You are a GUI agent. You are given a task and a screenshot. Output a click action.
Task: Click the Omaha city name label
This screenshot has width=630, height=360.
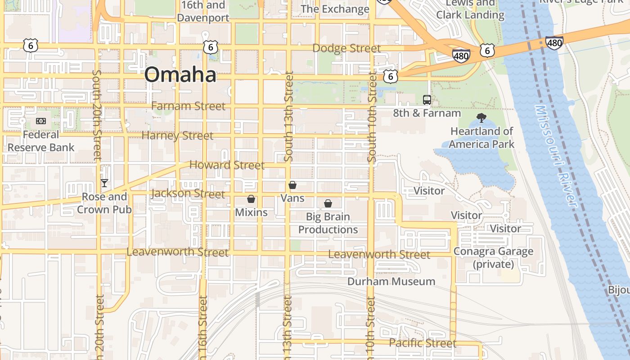point(180,74)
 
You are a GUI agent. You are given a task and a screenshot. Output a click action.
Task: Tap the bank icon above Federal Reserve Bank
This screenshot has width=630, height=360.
point(41,121)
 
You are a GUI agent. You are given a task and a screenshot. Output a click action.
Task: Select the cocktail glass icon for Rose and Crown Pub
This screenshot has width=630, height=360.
point(104,183)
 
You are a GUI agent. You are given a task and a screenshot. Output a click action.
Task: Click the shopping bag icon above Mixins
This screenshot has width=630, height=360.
point(251,199)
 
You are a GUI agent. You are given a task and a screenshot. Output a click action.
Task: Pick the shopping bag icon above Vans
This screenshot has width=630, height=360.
point(292,185)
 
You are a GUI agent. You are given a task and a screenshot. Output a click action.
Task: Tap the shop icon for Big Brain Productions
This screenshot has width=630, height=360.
point(328,204)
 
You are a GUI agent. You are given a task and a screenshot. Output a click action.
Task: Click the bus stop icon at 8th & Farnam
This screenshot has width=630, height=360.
point(427,100)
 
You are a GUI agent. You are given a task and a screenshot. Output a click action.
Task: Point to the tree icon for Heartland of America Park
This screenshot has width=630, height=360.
point(481,118)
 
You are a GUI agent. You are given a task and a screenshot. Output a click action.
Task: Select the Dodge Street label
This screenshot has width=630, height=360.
point(346,48)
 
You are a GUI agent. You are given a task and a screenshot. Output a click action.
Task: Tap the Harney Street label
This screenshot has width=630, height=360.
point(177,135)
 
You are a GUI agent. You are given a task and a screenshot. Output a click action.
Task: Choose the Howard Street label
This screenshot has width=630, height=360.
point(227,165)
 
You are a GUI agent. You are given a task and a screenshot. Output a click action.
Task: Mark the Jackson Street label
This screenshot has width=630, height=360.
point(188,194)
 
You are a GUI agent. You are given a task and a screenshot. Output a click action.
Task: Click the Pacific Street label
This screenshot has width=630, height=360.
point(423,343)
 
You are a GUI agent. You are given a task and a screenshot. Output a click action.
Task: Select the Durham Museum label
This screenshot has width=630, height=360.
point(391,282)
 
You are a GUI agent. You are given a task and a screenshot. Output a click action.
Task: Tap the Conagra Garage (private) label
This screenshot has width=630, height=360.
point(493,258)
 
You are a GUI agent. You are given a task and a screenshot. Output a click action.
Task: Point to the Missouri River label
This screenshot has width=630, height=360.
point(556,157)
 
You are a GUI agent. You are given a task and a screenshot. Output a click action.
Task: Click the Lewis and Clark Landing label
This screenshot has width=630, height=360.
point(470,9)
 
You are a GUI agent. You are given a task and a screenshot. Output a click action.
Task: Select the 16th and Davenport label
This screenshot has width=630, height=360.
point(203,12)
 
